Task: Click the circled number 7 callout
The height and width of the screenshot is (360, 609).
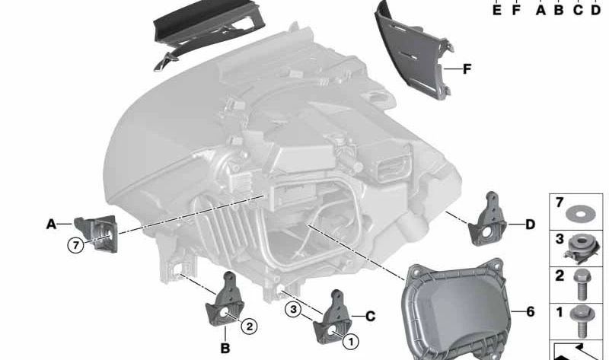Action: [75, 245]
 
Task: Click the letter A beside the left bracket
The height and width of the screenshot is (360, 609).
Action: [51, 224]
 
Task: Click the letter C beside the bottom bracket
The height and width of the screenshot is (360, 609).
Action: [371, 315]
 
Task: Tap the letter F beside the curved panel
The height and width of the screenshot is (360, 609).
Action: [467, 69]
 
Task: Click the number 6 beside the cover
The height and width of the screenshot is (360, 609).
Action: [531, 312]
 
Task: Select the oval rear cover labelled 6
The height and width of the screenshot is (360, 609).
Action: [457, 308]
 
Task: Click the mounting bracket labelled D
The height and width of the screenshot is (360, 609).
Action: [487, 221]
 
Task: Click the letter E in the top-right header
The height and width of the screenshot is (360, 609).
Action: [496, 11]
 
